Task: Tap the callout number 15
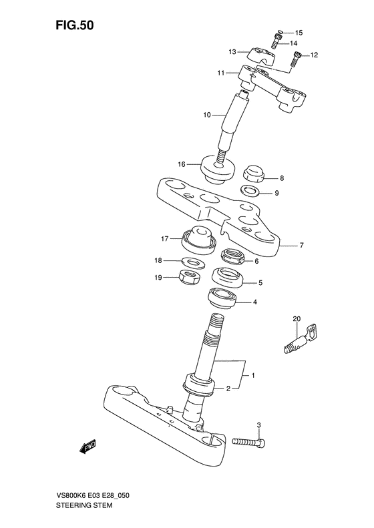click(x=299, y=32)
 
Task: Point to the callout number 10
click(x=208, y=115)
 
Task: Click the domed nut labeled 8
click(x=254, y=174)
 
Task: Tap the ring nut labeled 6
click(x=234, y=256)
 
